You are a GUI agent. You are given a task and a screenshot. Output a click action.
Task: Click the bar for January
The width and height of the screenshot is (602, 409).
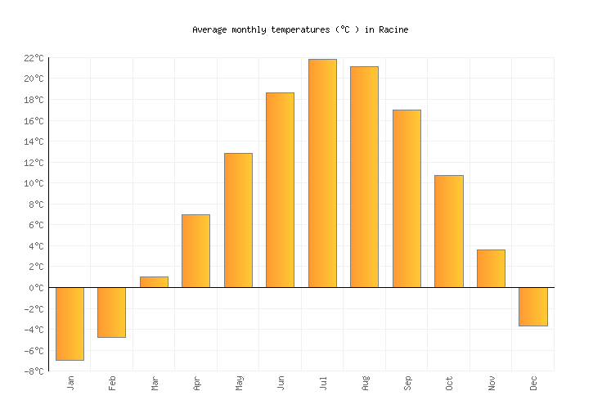[x=70, y=324]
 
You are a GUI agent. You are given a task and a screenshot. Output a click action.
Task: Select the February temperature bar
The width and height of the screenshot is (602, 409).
[x=111, y=312]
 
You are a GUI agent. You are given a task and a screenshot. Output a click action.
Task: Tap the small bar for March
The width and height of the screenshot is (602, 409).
[x=154, y=282]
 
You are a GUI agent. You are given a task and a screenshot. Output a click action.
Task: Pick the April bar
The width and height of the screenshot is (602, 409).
[x=195, y=251]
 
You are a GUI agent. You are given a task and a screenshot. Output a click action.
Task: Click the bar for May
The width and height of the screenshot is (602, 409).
[x=238, y=220]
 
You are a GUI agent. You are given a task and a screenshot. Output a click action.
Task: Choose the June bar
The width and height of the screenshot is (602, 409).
[x=280, y=190]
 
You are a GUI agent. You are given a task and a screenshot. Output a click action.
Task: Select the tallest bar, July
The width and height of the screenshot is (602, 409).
[x=322, y=173]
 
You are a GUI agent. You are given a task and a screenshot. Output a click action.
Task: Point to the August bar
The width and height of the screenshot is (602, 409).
[x=364, y=177]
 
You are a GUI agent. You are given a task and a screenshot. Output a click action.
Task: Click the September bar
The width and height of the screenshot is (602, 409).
[x=407, y=199]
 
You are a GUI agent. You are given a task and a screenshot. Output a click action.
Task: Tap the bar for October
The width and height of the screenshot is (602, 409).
[x=448, y=231]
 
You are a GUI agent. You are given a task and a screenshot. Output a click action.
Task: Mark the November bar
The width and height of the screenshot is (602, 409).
[x=491, y=268]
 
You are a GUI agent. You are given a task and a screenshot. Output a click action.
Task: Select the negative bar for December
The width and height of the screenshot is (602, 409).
[x=532, y=307]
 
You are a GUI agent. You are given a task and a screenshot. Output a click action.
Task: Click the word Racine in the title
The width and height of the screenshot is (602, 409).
[x=393, y=29]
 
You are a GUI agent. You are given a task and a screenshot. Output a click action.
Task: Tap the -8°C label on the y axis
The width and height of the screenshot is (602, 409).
[x=33, y=371]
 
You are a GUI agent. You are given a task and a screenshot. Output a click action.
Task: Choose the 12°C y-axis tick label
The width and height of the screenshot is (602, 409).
[x=33, y=163]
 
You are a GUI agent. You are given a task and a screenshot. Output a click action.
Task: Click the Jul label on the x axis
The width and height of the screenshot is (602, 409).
[x=322, y=382]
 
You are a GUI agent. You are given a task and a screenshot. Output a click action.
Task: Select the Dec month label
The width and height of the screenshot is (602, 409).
[x=533, y=382]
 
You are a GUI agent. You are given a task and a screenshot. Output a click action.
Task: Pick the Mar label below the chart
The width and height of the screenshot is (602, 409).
[x=154, y=382]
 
